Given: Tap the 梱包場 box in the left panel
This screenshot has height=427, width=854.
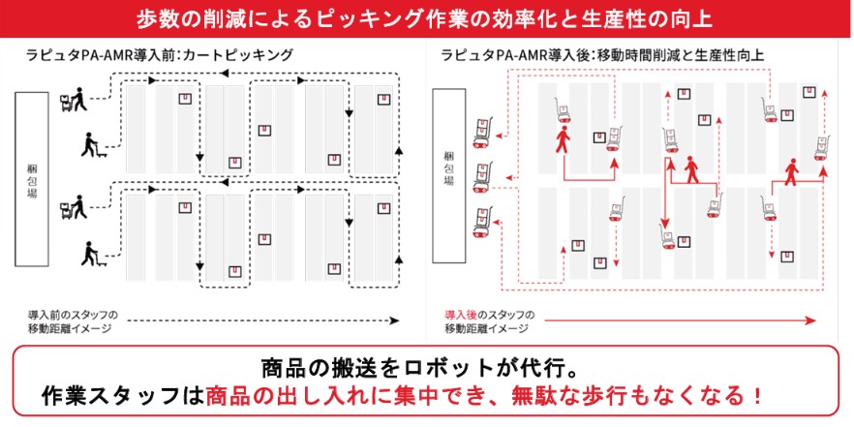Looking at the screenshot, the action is coord(32,179).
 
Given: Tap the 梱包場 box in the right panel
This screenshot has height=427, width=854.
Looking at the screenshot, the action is coord(449,175).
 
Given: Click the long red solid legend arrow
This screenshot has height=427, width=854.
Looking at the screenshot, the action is coord(681,320).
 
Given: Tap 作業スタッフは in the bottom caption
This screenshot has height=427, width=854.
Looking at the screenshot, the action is coord(122,395).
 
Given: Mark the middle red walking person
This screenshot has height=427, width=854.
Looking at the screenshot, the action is coord(691,169).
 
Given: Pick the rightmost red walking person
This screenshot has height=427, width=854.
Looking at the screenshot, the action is coord(791,172).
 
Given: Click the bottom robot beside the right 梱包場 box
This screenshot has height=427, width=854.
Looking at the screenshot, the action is coord(482,224).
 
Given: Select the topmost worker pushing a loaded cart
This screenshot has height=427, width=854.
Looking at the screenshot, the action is coord(73,99).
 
